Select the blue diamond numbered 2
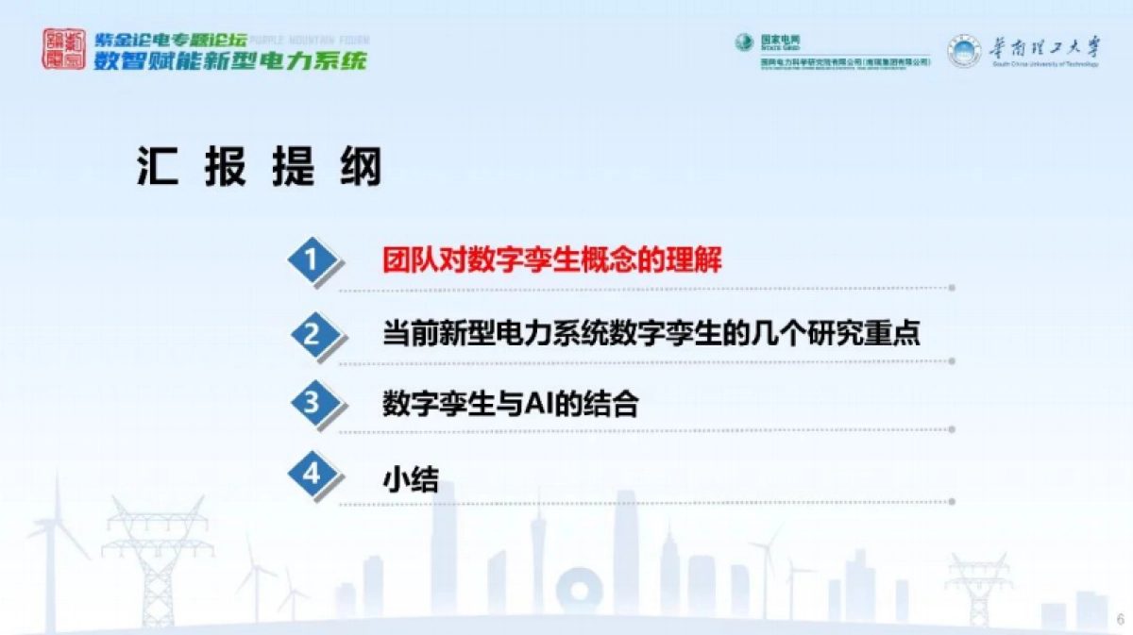click(x=313, y=333)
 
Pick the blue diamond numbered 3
click(x=313, y=404)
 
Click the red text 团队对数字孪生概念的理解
click(x=551, y=260)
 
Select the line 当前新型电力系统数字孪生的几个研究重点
click(x=651, y=333)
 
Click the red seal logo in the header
click(x=62, y=48)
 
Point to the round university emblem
click(x=964, y=50)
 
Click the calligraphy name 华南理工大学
click(x=1044, y=46)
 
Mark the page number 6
click(x=1120, y=620)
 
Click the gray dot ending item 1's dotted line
click(x=952, y=288)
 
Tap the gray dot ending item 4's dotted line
click(x=952, y=503)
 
